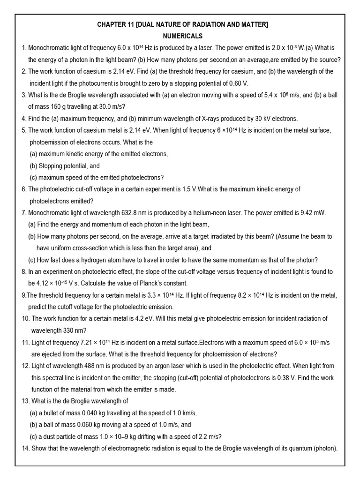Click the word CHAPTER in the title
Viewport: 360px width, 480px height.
[x=111, y=24]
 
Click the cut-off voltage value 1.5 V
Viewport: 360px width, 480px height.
[x=185, y=189]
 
